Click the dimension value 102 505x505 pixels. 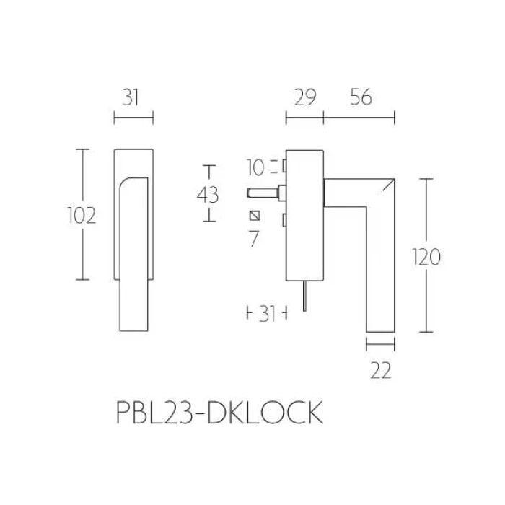click(x=82, y=216)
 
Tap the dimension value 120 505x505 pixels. click(x=426, y=257)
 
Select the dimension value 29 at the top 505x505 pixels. click(x=305, y=97)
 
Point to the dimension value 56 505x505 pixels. click(x=361, y=97)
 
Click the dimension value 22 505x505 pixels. click(x=381, y=370)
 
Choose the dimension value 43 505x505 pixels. click(x=208, y=195)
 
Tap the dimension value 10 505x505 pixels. click(x=255, y=167)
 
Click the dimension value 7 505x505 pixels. click(x=254, y=239)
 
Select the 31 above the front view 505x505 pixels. click(x=131, y=97)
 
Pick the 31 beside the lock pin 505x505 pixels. click(x=267, y=314)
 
